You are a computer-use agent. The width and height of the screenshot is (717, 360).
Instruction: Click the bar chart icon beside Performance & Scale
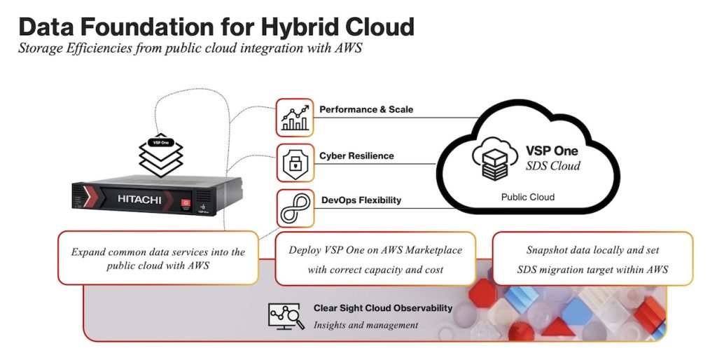point(295,118)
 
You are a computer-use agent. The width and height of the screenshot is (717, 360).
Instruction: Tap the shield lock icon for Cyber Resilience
point(295,163)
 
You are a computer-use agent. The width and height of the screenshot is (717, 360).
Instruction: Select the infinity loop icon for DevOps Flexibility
point(295,209)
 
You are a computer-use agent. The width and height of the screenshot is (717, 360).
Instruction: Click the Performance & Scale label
point(366,110)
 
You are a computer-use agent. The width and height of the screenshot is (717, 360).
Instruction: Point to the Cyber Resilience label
point(356,156)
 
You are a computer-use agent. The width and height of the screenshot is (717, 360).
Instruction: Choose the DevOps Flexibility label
point(361,200)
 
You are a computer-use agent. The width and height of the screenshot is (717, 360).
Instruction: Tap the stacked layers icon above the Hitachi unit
point(161,155)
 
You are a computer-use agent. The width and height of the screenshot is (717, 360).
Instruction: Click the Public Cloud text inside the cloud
point(528,197)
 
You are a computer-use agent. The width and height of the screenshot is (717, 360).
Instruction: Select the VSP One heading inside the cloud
point(552,151)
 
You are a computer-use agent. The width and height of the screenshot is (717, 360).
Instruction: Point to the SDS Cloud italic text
point(553,165)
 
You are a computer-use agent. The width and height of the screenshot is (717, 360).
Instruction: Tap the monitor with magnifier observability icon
point(286,316)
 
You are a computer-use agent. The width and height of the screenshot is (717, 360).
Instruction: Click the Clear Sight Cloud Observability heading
point(383,308)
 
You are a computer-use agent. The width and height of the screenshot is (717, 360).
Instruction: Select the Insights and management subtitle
point(366,325)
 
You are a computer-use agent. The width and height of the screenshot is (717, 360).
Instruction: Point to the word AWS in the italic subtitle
point(349,48)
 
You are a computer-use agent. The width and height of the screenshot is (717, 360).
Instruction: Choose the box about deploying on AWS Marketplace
point(375,259)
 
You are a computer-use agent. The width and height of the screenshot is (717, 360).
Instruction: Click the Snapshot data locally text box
point(592,259)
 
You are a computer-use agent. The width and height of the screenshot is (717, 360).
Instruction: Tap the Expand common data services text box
point(158,258)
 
